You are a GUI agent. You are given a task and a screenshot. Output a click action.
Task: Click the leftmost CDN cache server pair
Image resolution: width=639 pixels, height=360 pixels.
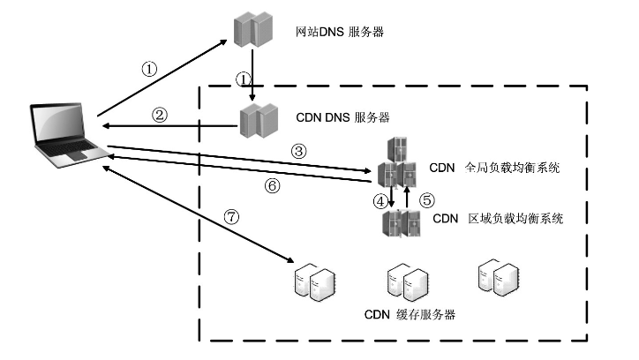coord(315,282)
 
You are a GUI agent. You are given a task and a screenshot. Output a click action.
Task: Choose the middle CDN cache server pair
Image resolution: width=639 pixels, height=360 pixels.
coord(407,283)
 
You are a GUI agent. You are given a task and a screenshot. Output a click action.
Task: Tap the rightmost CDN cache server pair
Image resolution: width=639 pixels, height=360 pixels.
coord(496,276)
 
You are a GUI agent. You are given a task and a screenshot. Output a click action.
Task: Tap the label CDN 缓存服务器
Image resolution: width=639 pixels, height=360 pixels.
coord(410,314)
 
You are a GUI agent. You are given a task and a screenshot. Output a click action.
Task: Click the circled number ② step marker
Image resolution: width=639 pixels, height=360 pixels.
coord(159,115)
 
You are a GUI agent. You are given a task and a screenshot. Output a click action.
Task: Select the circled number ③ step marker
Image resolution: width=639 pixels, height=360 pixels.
coord(298,151)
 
